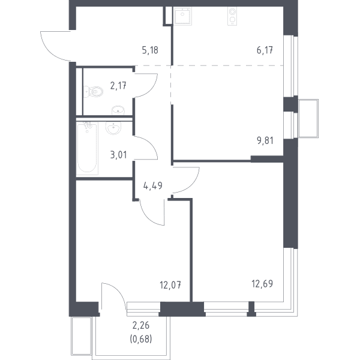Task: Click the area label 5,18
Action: coord(150,50)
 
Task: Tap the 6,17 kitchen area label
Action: coord(265,50)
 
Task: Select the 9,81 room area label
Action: coord(265,140)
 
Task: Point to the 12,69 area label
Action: coord(262,284)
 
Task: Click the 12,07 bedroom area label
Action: coord(170,285)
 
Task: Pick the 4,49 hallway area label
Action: coord(152,185)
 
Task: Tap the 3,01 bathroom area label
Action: coord(118,155)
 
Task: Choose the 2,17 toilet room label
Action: coord(118,86)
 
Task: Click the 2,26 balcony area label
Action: coord(141,325)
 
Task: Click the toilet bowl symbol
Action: coord(93,92)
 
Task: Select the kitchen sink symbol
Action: coord(182,16)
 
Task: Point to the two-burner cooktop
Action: coord(232,16)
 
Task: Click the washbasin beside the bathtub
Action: coord(113,128)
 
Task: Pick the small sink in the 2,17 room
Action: coord(118,110)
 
